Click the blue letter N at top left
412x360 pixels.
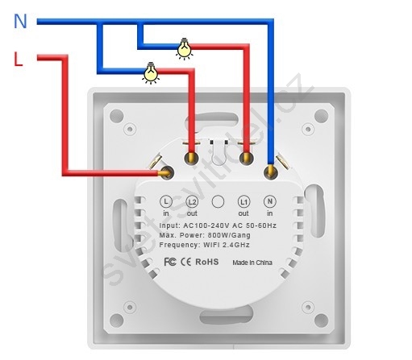[20, 21]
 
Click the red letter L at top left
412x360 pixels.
[18, 60]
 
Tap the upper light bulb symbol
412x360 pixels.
[185, 48]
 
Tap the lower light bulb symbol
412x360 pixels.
[151, 72]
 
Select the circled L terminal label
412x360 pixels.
[166, 201]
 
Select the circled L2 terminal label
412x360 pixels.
[192, 201]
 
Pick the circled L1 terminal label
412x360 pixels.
[243, 201]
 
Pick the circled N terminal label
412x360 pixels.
[270, 201]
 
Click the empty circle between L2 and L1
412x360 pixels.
[218, 201]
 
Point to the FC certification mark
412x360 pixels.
[170, 262]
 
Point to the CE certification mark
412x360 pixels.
[185, 262]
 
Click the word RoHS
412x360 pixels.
[207, 262]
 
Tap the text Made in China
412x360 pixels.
[252, 263]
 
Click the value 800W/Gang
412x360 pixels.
[229, 235]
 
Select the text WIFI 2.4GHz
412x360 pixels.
[227, 245]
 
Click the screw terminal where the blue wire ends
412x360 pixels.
[271, 172]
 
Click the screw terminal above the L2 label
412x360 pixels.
[191, 158]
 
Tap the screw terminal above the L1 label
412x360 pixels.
[246, 158]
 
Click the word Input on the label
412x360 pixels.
[169, 226]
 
